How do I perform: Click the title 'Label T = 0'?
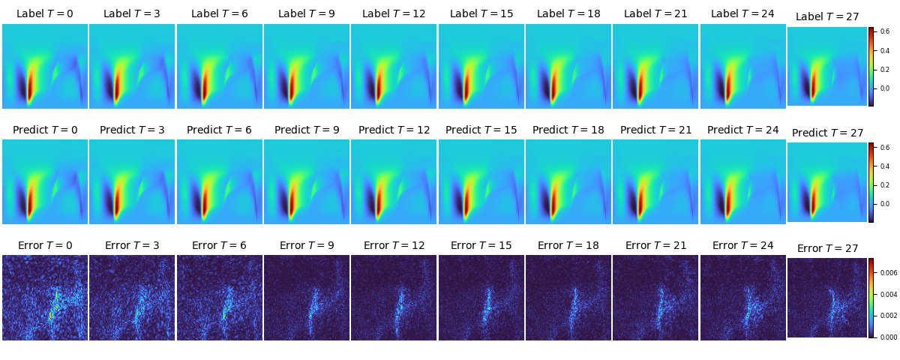(45, 13)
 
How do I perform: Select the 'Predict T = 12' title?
(394, 130)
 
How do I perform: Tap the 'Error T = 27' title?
(828, 248)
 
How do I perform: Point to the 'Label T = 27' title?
(827, 16)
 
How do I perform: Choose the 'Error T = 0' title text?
(45, 245)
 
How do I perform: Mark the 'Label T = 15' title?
(481, 13)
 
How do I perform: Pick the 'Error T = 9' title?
(307, 245)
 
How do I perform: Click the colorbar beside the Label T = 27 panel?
(871, 67)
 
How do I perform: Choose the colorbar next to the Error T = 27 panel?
(871, 298)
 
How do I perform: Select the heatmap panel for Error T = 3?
(132, 298)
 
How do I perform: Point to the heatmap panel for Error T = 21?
(655, 298)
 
